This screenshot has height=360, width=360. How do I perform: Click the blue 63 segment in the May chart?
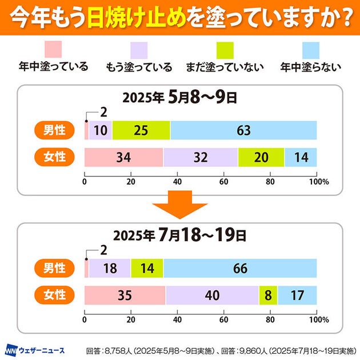pyautogui.click(x=243, y=130)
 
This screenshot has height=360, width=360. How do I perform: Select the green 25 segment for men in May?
pyautogui.click(x=141, y=130)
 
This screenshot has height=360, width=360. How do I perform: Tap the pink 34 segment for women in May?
pyautogui.click(x=123, y=157)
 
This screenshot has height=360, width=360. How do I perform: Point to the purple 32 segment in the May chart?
pyautogui.click(x=200, y=157)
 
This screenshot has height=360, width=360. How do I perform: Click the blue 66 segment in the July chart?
pyautogui.click(x=240, y=269)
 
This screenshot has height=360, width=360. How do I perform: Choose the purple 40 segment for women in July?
pyautogui.click(x=212, y=295)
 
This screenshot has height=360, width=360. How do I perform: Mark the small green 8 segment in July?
pyautogui.click(x=268, y=295)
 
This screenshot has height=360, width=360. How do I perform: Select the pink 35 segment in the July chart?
pyautogui.click(x=125, y=295)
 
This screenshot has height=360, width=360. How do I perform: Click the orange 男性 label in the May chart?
pyautogui.click(x=55, y=130)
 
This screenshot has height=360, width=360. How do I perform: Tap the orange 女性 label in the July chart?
pyautogui.click(x=55, y=295)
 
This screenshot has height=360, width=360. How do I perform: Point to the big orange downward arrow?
pyautogui.click(x=180, y=206)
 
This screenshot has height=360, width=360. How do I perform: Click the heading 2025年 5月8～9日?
pyautogui.click(x=180, y=98)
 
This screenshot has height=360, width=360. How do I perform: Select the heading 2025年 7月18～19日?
pyautogui.click(x=180, y=235)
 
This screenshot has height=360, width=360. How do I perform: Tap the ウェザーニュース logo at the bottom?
pyautogui.click(x=35, y=349)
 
